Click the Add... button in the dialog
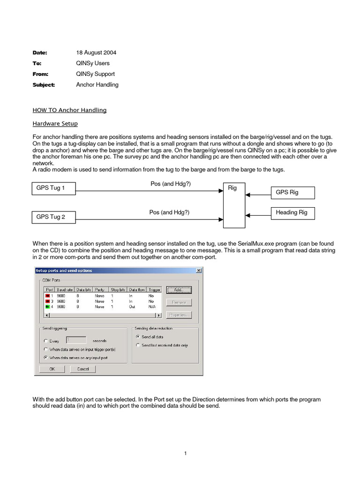coord(179,290)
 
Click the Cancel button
coord(82,369)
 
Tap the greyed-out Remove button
coord(179,302)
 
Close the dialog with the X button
coord(198,270)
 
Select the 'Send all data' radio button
coord(138,337)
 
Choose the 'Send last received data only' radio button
coord(138,345)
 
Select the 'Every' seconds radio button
coord(45,341)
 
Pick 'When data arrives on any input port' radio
coord(45,357)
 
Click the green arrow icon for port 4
coord(47,307)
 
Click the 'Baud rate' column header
coord(65,290)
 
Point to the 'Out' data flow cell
coord(133,307)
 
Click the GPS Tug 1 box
coord(54,189)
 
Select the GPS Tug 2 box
coord(54,217)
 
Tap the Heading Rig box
coord(292,213)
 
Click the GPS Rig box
coord(292,192)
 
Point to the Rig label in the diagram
coord(232,188)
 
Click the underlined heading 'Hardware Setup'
coord(55,124)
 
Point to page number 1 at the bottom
coord(186,453)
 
